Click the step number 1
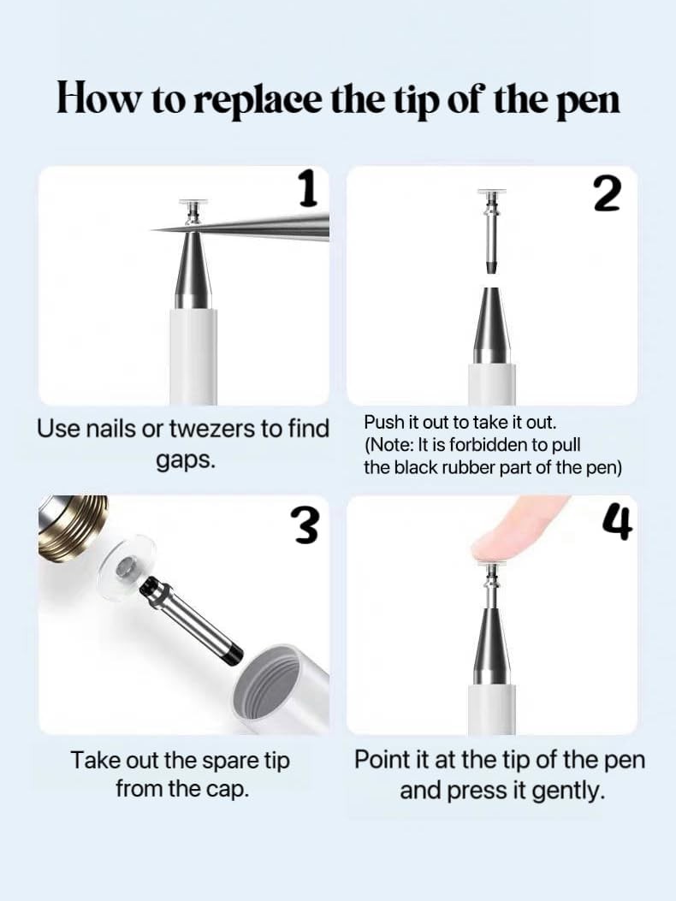[x=309, y=190]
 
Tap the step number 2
[x=608, y=193]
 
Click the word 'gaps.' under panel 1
[x=186, y=461]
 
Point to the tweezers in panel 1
[x=240, y=226]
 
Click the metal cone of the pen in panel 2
[x=491, y=324]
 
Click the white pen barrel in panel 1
[x=193, y=356]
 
